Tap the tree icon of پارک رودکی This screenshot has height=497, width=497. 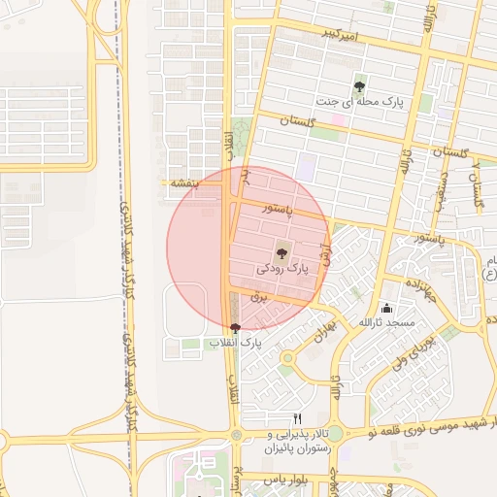tap(282, 251)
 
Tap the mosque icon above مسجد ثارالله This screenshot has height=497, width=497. tap(387, 308)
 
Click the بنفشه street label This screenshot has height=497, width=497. tap(183, 182)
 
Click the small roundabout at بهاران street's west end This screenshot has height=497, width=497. tap(287, 359)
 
